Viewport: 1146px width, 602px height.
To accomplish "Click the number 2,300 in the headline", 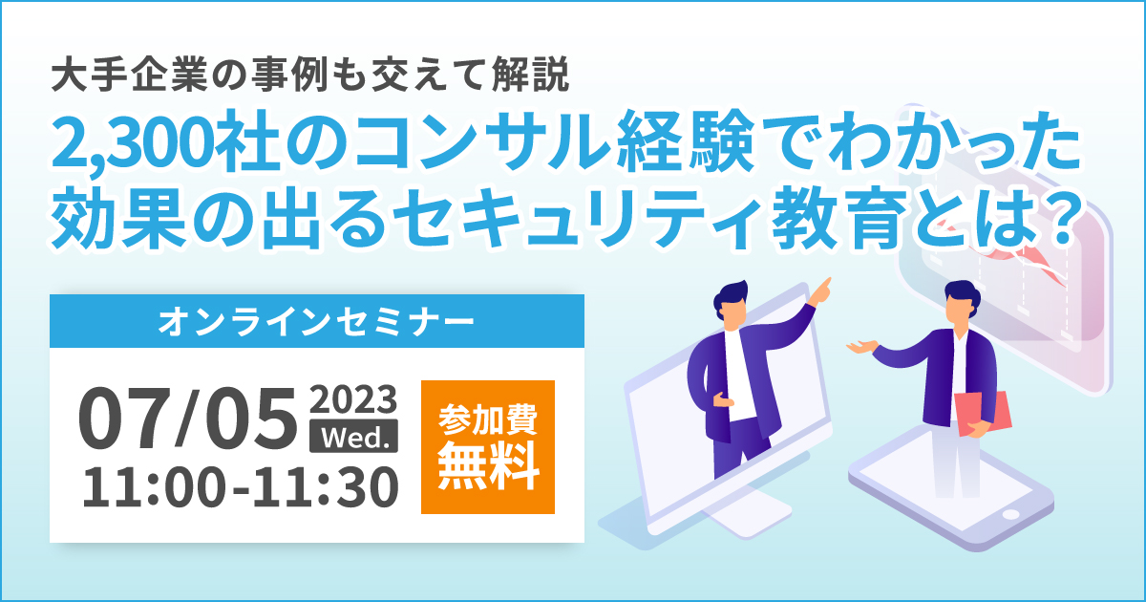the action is pos(132,140).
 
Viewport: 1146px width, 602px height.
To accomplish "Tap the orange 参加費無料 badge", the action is pos(488,447).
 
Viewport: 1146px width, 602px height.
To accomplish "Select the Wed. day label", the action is pos(353,437).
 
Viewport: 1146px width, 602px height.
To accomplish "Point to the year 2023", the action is pos(353,399).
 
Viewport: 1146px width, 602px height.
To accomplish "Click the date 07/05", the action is pos(188,419).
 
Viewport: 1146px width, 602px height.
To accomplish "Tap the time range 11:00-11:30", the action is pos(240,488).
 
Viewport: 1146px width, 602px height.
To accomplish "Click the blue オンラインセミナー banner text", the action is pos(317,322).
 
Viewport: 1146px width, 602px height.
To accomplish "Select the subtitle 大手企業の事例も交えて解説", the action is pos(310,75).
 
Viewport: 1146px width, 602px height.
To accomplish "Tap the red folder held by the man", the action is pos(983,414).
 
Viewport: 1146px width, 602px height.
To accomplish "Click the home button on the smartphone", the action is pos(1010,514).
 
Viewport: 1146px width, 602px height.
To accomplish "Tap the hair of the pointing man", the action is pos(732,294).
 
